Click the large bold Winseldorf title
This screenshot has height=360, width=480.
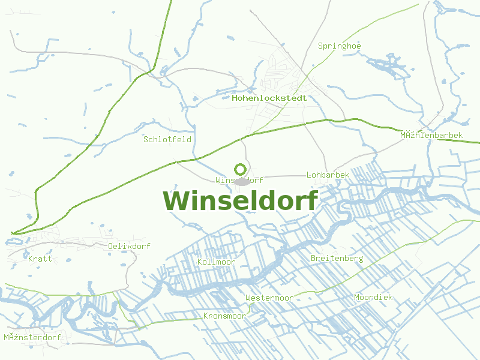[x=240, y=200]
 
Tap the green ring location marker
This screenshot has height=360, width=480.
[x=240, y=170]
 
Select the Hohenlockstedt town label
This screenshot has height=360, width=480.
[x=269, y=98]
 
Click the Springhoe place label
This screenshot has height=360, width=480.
[x=340, y=46]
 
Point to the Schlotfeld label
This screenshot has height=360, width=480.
[x=167, y=139]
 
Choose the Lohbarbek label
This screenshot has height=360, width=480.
[x=328, y=175]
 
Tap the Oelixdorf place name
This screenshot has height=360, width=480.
[x=129, y=246]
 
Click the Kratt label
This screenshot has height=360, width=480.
[x=40, y=259]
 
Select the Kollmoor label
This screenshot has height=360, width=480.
[x=216, y=262]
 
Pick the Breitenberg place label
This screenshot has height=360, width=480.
[x=337, y=258]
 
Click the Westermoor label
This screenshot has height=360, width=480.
[x=269, y=298]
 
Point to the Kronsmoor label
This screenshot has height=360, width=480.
[x=224, y=316]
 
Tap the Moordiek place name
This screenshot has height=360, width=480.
[x=373, y=297]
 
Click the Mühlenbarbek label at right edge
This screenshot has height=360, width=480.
[x=431, y=136]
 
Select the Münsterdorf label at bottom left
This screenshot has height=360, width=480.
[x=32, y=337]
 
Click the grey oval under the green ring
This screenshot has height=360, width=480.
[x=242, y=181]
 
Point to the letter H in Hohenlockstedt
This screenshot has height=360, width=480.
[x=235, y=98]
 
